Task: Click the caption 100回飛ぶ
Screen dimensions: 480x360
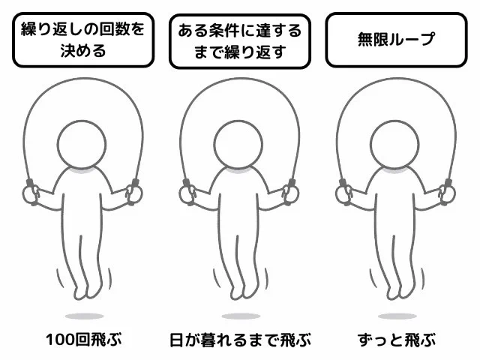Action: pos(84,340)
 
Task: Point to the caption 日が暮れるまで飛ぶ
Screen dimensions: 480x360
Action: pos(240,340)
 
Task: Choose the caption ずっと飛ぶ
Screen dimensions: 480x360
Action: pos(397,340)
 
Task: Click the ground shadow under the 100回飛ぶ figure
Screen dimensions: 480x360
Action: pos(85,316)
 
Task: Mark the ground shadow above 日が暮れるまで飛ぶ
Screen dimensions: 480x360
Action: pos(241,316)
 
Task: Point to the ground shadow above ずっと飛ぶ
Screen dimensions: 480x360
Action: pos(397,316)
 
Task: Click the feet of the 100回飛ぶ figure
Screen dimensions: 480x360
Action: pos(87,292)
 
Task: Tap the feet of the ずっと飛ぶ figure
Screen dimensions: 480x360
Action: pos(400,292)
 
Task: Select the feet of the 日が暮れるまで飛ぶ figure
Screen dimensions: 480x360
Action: pos(243,292)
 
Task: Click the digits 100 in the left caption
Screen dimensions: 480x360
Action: pos(60,340)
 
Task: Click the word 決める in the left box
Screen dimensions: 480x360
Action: pos(83,51)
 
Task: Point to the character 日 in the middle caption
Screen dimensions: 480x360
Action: pos(177,340)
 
